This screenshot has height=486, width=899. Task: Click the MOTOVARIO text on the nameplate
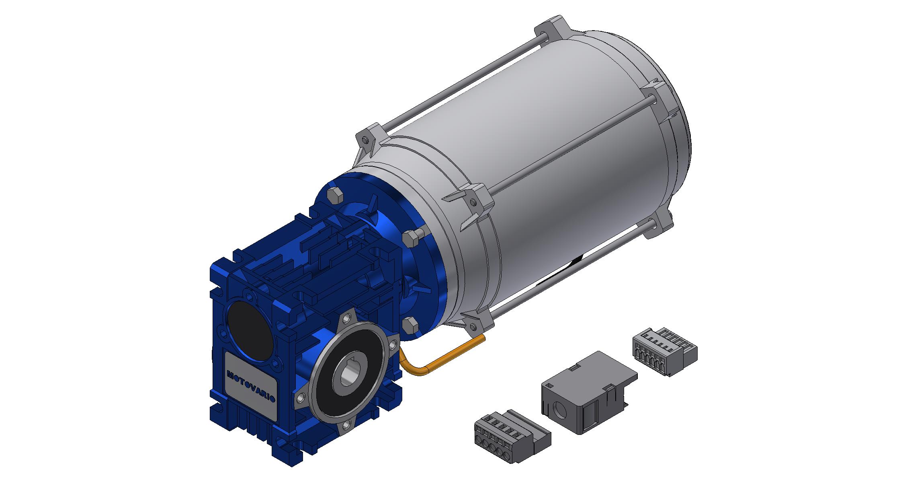pyautogui.click(x=251, y=386)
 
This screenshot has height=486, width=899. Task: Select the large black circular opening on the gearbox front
pyautogui.click(x=251, y=330)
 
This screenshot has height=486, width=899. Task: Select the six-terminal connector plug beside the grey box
pyautogui.click(x=663, y=350)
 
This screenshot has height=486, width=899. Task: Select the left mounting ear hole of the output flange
pyautogui.click(x=300, y=398)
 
